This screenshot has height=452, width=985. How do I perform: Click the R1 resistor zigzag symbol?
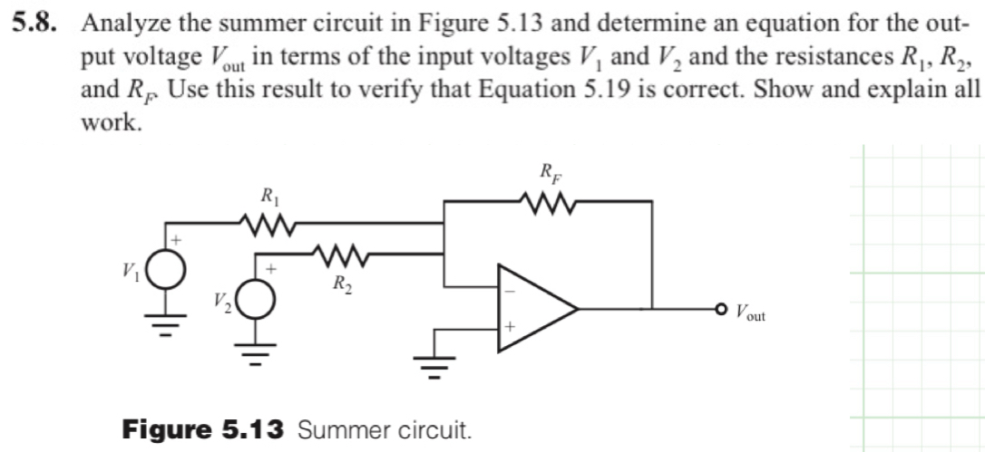pos(266,222)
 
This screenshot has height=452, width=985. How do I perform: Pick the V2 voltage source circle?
pos(257,300)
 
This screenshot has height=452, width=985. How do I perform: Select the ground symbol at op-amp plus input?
pos(436,366)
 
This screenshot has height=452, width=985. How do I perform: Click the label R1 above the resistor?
pos(269,196)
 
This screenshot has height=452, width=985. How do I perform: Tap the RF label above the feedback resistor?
pos(551,171)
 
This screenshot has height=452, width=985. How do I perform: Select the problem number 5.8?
pos(34,24)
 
